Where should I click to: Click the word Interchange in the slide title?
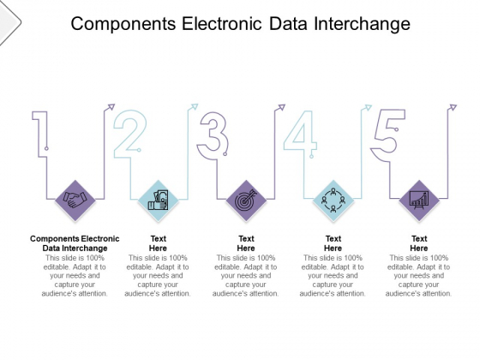coord(362,24)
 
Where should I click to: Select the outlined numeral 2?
coord(130,134)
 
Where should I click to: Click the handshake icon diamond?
coord(75,201)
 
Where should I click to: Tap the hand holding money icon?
coord(159,201)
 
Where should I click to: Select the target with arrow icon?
coord(246,201)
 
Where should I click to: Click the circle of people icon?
coord(333,201)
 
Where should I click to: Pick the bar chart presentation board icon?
coord(419,201)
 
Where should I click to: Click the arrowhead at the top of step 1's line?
coord(111,107)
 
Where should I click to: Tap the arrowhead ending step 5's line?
coord(453,107)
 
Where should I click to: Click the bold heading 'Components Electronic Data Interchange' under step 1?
coord(75,243)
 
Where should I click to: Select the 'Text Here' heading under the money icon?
coord(159,243)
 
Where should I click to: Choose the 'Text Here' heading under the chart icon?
coord(419,243)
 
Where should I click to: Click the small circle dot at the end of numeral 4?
coord(312,156)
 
